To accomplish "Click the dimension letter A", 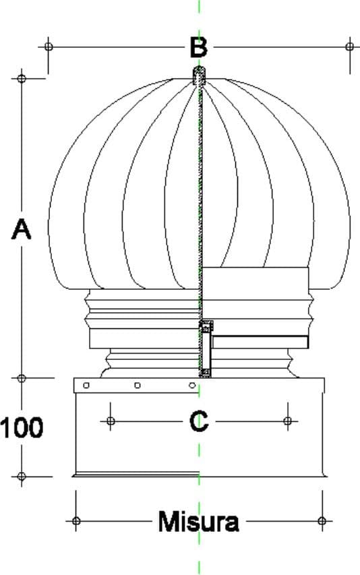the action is [22, 229].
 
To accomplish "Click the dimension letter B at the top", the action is [199, 47].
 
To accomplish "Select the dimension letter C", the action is [199, 421].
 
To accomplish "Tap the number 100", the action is [22, 427].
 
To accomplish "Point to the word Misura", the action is [199, 522].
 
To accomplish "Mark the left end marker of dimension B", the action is [48, 47].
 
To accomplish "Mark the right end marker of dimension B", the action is [350, 47].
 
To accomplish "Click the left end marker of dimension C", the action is [111, 421].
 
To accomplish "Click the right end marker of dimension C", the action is [288, 421].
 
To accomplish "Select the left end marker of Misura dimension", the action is [76, 520].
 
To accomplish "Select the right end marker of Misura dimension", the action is [322, 520].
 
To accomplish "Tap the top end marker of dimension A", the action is [22, 78].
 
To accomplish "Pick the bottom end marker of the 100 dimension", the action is [22, 477].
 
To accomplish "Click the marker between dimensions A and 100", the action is [22, 378].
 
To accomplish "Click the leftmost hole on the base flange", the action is [86, 386].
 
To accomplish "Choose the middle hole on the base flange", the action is [138, 386].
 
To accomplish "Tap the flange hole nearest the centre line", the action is [191, 386].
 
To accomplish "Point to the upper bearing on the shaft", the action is [206, 326].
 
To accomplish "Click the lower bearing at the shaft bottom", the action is [206, 372].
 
